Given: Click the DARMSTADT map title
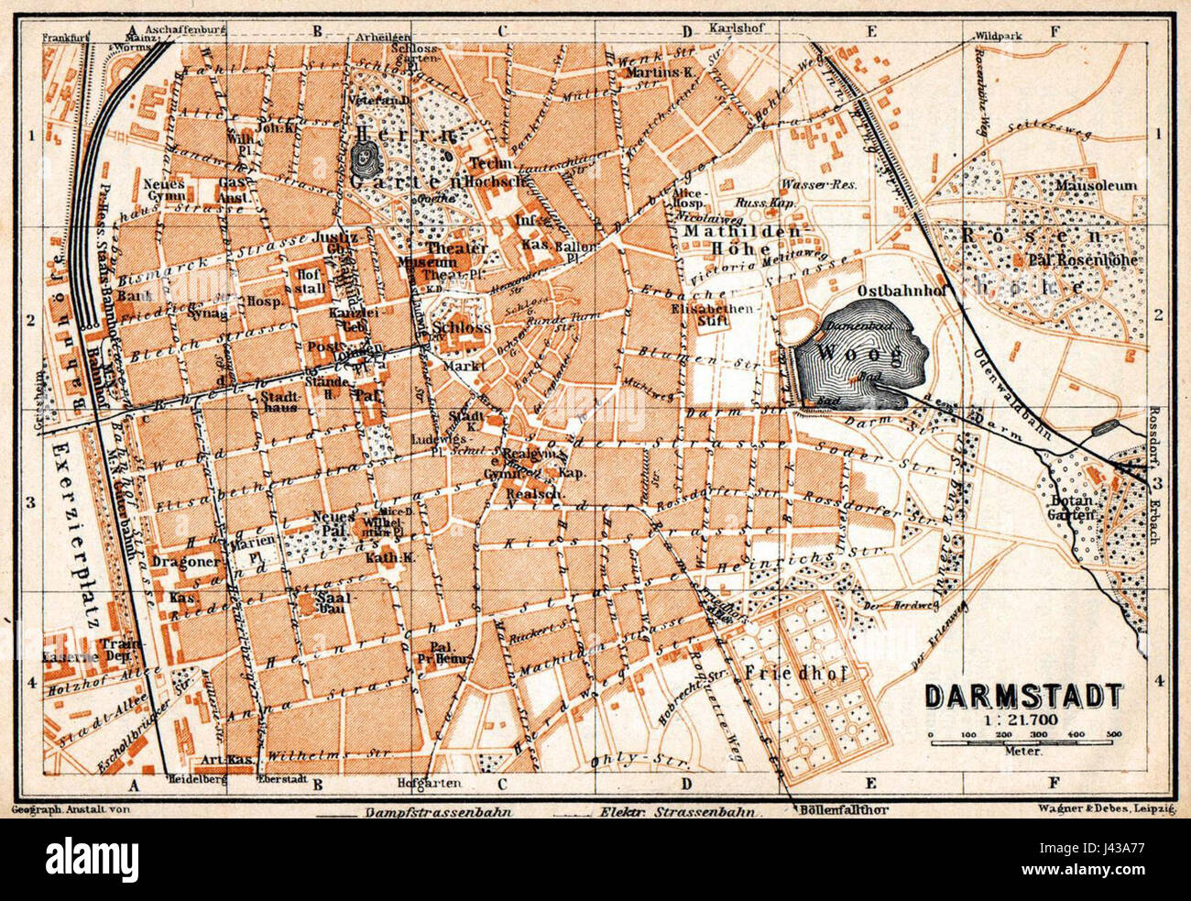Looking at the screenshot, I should (1023, 696).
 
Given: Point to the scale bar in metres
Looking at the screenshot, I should (1023, 739).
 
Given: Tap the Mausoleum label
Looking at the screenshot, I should (1096, 185).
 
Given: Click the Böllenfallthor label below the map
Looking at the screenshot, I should (843, 809).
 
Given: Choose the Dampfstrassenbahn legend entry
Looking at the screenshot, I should (437, 812).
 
